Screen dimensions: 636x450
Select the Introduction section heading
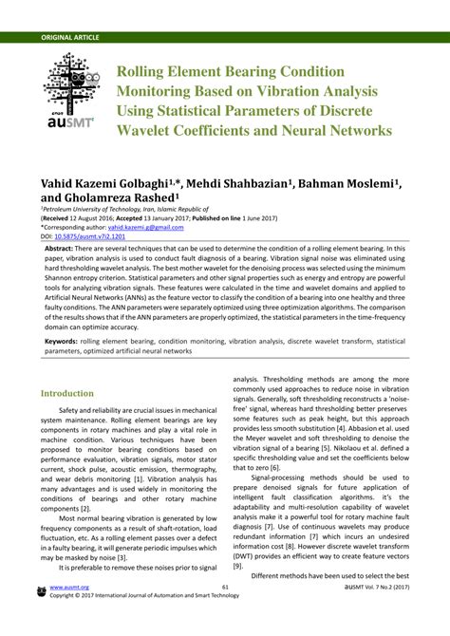coord(67,394)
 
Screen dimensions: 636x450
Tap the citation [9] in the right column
coord(239,565)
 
